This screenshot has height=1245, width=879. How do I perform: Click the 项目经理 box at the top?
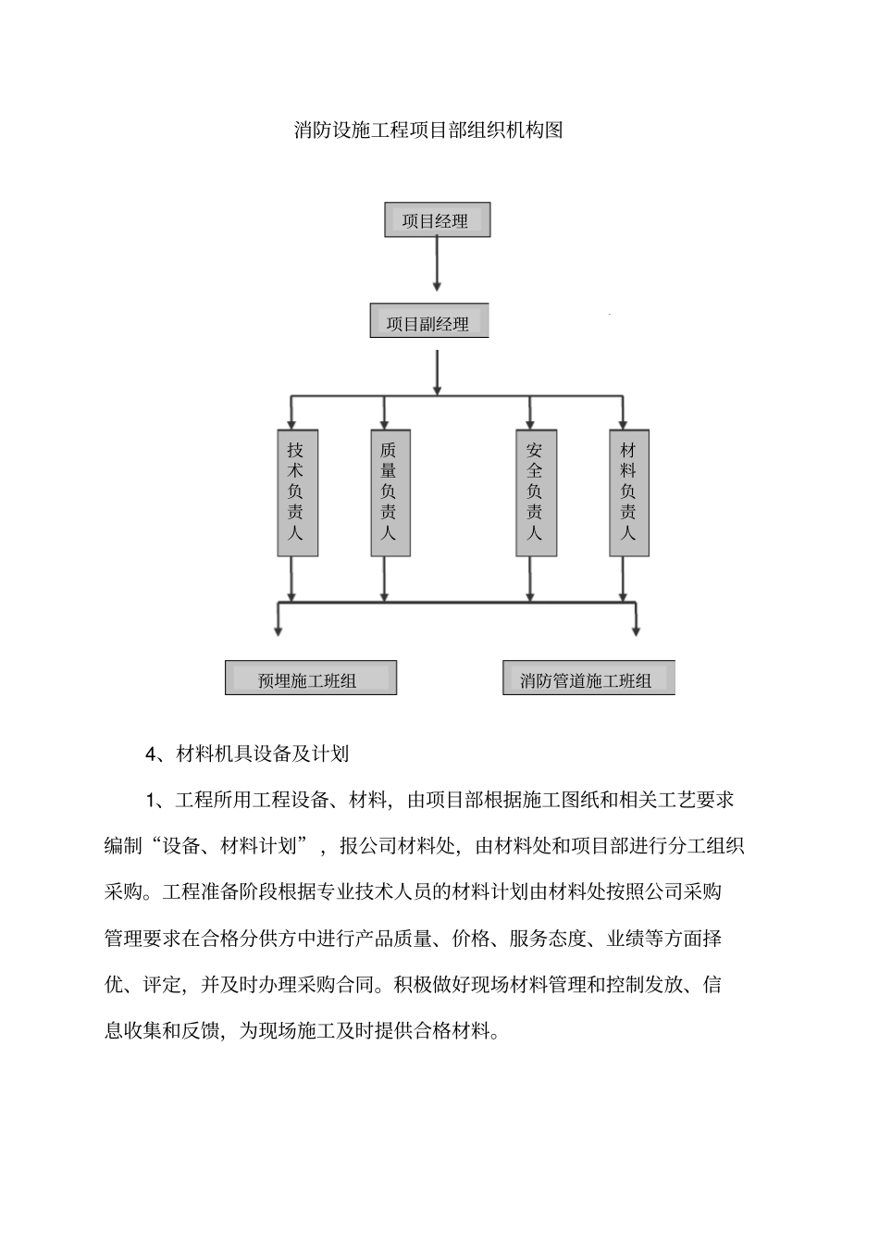tap(437, 220)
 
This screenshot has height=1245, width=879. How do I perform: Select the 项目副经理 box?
tap(428, 321)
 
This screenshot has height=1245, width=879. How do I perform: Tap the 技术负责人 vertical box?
tap(297, 492)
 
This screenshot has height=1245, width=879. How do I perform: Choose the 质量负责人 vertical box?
tap(390, 492)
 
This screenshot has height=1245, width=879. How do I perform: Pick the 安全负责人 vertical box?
tap(536, 492)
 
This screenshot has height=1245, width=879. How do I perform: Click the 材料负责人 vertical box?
tap(629, 492)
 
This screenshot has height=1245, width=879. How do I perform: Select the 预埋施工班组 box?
tap(310, 678)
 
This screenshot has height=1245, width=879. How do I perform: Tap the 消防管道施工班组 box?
tap(588, 678)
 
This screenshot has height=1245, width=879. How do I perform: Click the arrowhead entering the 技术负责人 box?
tap(292, 422)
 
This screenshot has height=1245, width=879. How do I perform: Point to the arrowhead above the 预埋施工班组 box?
tap(278, 629)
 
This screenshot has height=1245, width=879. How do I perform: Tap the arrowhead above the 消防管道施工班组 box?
tap(636, 629)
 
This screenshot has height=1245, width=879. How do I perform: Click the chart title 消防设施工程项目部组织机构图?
tap(428, 131)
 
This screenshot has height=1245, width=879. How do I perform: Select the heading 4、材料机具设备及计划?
tap(247, 753)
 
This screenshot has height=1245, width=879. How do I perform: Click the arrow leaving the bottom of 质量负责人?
tap(385, 579)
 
